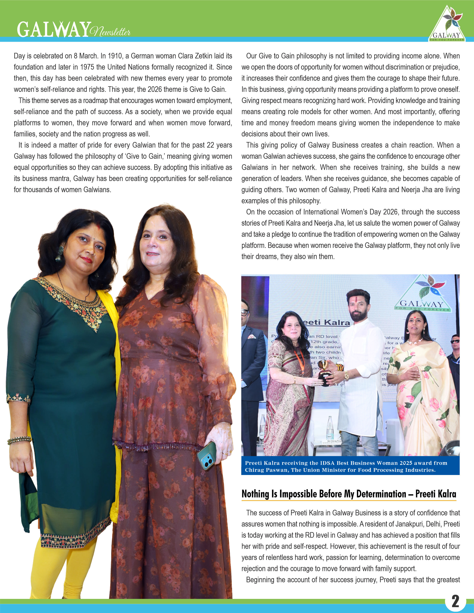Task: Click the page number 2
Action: point(455,601)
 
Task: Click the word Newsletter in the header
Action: point(111,31)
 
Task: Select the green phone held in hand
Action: point(207,455)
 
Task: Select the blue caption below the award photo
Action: point(350,466)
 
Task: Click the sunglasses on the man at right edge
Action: point(455,341)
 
